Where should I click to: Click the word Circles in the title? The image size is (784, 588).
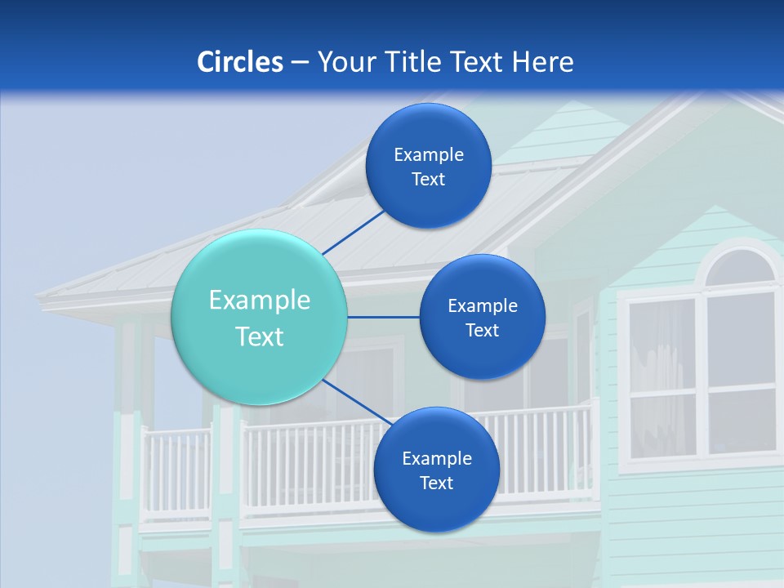point(239,62)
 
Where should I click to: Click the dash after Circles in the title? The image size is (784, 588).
point(300,63)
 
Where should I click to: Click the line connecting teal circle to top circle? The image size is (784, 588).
point(354,232)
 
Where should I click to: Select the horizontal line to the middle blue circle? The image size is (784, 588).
point(383,317)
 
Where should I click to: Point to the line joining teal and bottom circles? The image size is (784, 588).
point(357,402)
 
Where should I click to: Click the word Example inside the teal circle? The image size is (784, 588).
point(260,301)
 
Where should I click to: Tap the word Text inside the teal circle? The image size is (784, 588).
point(260,336)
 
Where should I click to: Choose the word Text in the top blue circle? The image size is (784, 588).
point(428,180)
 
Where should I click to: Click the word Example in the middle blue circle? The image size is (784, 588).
point(482,306)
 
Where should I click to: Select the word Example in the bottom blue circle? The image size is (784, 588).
point(436,459)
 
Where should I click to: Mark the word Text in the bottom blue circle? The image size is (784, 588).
point(436,483)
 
